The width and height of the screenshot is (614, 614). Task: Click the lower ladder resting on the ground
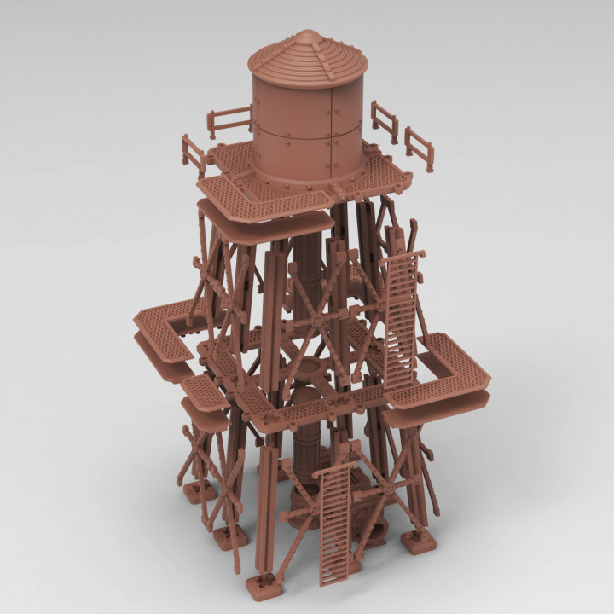coord(335,524)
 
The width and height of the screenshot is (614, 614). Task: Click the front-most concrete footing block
coord(264,587)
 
